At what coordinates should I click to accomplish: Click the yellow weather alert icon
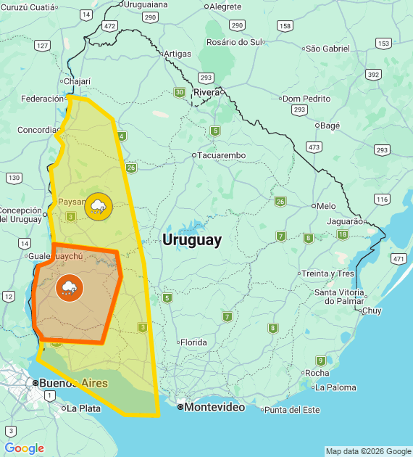99,207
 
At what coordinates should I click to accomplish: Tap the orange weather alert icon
70,288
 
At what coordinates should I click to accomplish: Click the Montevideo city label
214,408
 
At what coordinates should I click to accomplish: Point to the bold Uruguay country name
192,239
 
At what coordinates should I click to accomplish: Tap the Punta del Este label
292,410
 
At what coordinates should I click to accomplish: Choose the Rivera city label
206,92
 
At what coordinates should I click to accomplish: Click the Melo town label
326,206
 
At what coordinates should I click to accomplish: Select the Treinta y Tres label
327,273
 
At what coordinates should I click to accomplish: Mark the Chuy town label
371,310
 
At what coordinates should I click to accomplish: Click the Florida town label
193,342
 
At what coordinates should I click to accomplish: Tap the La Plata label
83,408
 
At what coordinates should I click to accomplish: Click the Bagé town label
330,125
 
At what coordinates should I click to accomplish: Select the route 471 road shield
398,258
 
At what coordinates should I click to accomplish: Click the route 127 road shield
42,46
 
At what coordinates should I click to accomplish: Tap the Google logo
25,448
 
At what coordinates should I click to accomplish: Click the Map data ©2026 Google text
368,451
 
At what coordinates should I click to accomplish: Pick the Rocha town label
317,373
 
